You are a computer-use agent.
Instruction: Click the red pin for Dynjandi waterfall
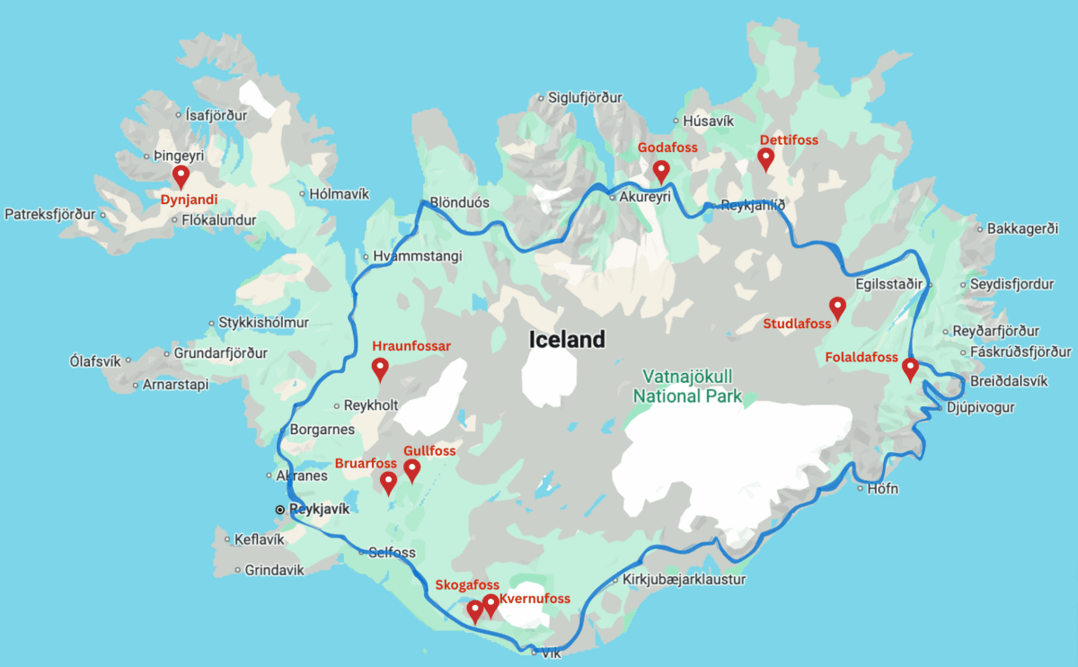click(181, 175)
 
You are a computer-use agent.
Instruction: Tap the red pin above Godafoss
click(661, 169)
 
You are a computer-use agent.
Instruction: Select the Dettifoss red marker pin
click(765, 158)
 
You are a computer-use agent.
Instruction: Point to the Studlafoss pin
click(837, 307)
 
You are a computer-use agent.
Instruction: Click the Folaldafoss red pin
click(910, 368)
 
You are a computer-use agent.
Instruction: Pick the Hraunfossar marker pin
click(380, 368)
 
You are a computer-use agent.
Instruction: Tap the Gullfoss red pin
click(412, 468)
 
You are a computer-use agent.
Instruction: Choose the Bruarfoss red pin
click(388, 482)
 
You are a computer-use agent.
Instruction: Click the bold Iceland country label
click(566, 340)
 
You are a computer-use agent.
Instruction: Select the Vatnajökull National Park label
click(687, 386)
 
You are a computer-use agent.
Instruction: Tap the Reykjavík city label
click(319, 509)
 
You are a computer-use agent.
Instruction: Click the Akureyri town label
click(645, 197)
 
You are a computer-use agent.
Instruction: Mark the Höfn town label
click(884, 489)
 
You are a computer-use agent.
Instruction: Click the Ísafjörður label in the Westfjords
click(218, 115)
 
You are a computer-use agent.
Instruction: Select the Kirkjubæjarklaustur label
click(684, 580)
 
